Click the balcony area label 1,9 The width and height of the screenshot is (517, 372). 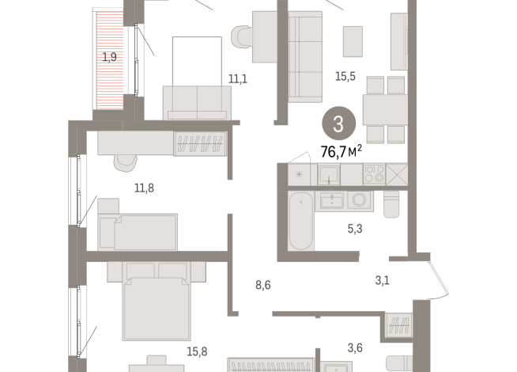(109, 57)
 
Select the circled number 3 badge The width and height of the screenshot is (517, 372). (338, 124)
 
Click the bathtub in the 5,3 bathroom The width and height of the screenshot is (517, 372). (300, 220)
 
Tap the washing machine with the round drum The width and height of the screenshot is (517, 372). (360, 200)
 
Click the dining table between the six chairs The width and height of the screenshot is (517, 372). (384, 110)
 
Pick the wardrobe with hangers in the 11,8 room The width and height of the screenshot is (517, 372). (201, 143)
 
